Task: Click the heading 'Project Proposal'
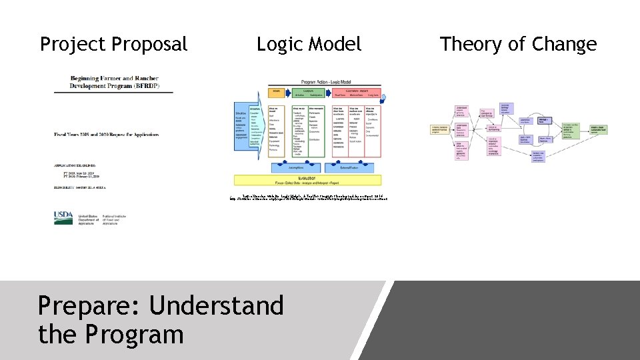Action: (114, 45)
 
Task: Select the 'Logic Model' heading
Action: (309, 45)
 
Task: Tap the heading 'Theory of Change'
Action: (518, 45)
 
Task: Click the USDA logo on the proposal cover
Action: (64, 217)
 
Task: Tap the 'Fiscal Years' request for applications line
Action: (107, 135)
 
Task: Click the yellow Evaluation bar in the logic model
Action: (307, 179)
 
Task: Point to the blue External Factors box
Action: (349, 168)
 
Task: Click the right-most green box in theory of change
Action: (597, 129)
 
